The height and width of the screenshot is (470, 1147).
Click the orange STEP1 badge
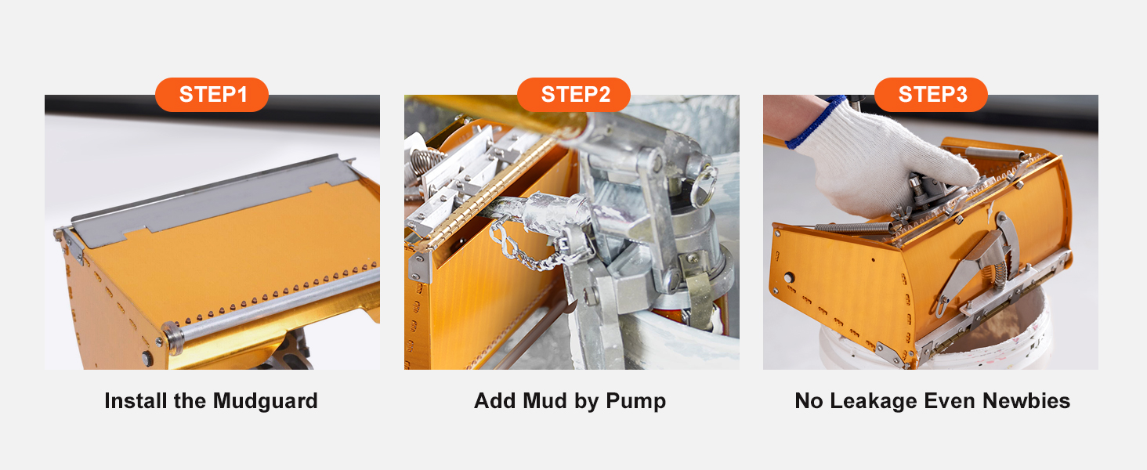tap(212, 95)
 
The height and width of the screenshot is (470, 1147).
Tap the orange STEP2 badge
tap(574, 95)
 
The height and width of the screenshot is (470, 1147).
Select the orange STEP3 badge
tap(932, 95)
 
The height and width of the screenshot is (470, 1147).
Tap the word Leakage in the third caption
tap(879, 401)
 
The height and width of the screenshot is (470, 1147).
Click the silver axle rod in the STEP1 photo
tap(274, 302)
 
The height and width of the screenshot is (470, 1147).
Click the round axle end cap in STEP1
tap(171, 336)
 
